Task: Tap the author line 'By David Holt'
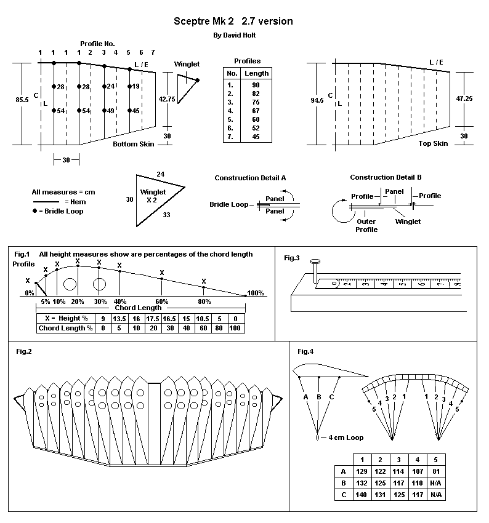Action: point(234,36)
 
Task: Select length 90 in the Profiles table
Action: point(256,84)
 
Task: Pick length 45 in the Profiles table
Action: point(256,137)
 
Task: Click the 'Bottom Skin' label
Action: point(133,144)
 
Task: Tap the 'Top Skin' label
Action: point(433,143)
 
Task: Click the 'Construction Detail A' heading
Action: point(250,178)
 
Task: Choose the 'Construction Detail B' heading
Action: point(386,177)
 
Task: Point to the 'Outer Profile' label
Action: point(366,226)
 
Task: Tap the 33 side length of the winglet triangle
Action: point(167,216)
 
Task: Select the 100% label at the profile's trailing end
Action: point(255,293)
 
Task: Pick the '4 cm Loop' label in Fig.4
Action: point(342,437)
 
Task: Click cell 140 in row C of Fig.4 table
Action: point(363,495)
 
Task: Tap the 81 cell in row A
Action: point(435,471)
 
